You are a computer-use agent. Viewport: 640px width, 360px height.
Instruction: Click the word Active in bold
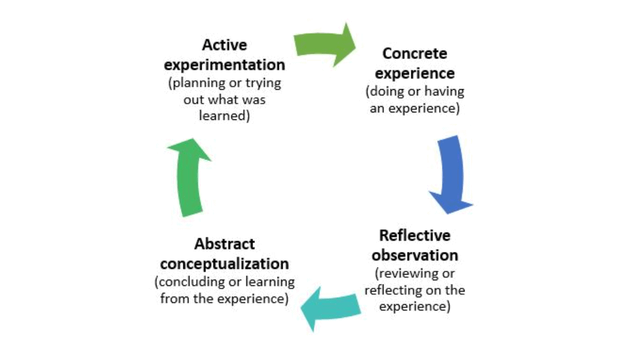224,46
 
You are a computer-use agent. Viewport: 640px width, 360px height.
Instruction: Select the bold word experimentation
224,65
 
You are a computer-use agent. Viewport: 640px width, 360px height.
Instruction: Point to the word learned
224,116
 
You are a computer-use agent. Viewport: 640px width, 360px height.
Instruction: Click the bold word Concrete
415,54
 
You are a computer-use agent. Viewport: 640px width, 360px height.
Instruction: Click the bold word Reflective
415,236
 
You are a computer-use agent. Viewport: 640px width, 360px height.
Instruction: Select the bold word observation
415,256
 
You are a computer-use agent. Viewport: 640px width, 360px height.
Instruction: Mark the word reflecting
393,290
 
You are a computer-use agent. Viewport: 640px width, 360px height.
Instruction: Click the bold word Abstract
224,244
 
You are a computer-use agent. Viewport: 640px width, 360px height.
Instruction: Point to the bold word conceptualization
224,263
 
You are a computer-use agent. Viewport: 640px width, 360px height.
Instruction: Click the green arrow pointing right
324,44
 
